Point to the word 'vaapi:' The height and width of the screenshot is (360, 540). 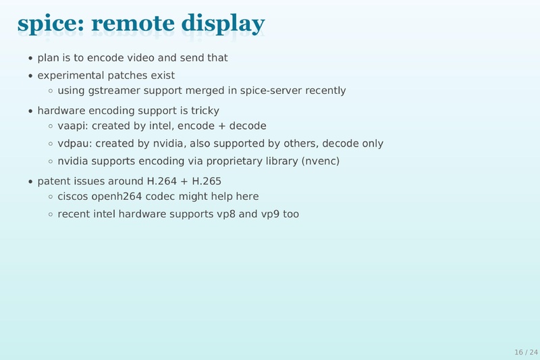click(72, 126)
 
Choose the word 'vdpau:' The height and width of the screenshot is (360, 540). click(74, 144)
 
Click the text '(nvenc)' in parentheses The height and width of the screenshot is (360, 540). click(320, 161)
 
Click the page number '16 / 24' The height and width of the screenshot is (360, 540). click(525, 352)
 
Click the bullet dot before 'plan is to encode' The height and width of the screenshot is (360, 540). click(31, 59)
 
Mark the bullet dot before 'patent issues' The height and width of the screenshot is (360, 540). click(31, 182)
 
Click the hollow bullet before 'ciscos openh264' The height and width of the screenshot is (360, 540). click(51, 197)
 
